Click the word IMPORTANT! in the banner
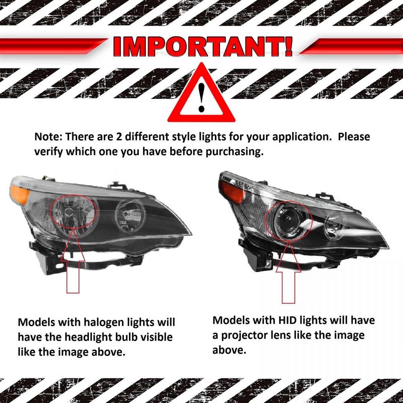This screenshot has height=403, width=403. pos(203,47)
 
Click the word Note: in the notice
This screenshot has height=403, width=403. pos(48,137)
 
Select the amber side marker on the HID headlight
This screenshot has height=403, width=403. pos(229,189)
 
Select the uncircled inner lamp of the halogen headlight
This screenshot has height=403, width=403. pos(130,215)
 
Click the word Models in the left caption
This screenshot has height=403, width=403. pos(36,322)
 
